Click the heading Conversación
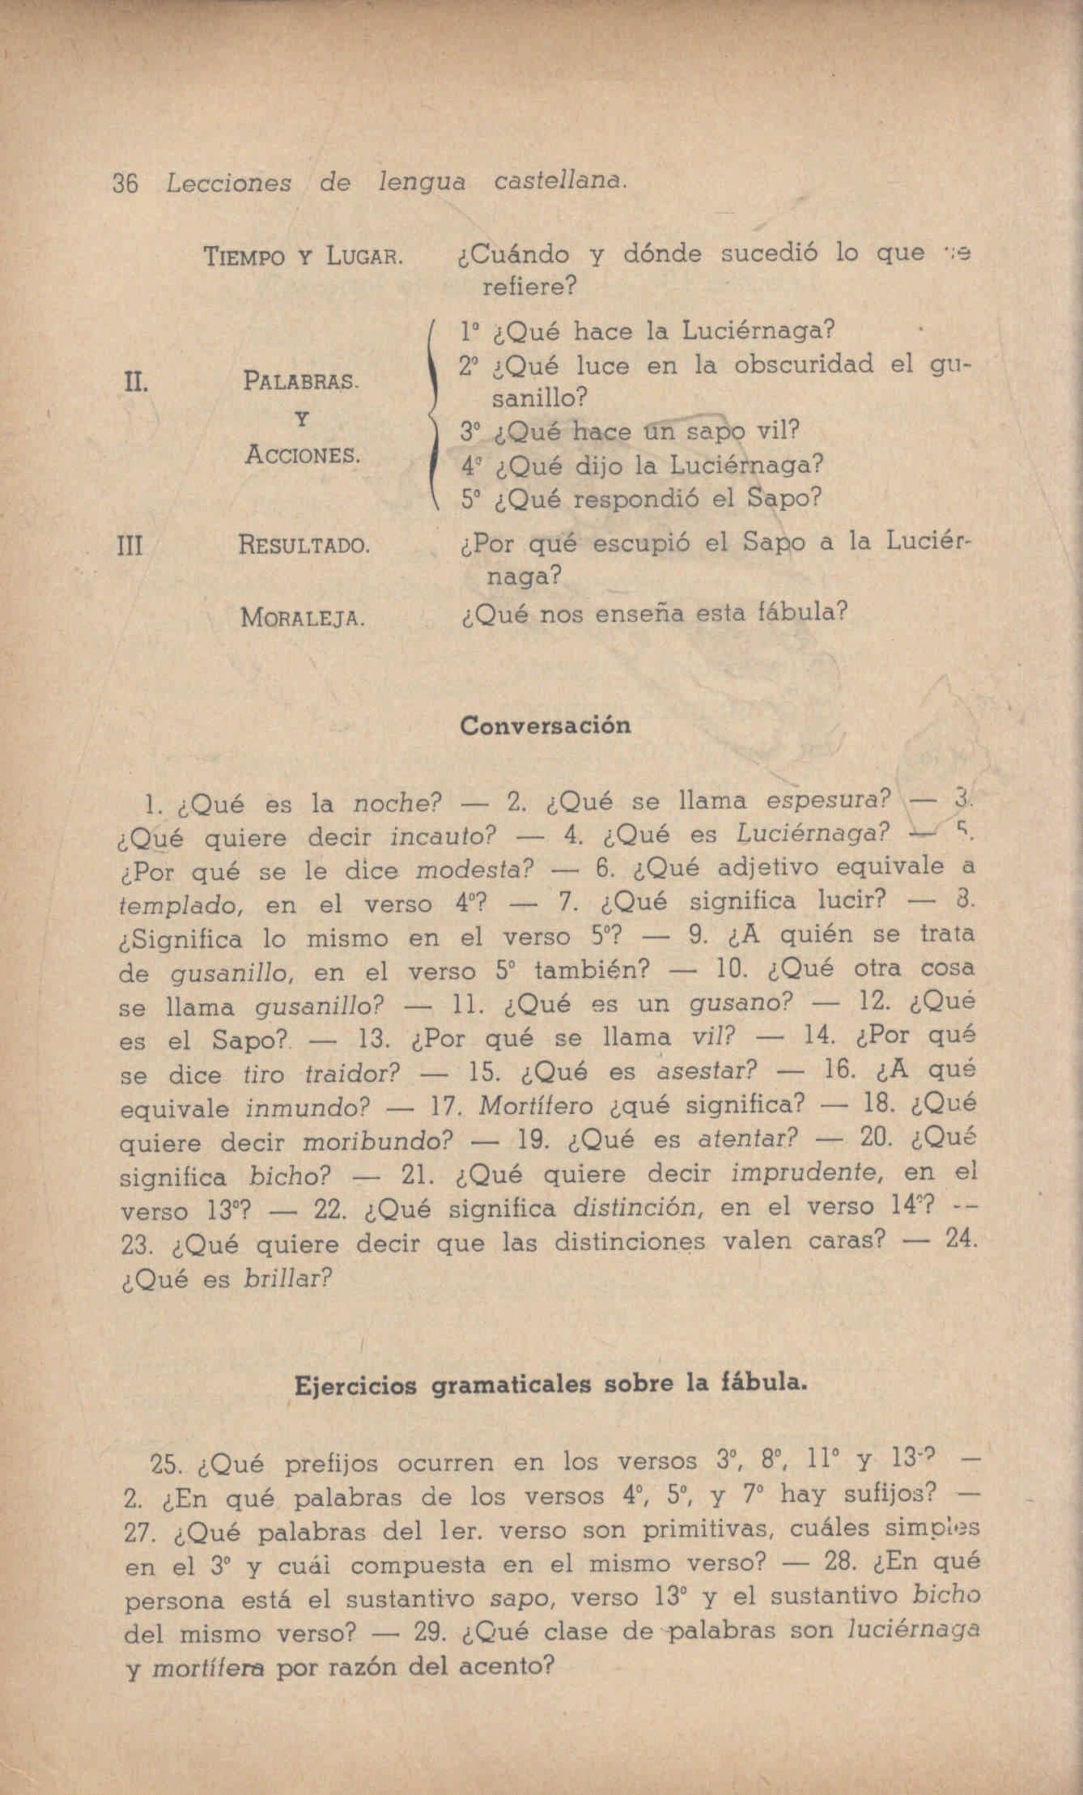pos(545,725)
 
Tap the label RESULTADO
pos(305,546)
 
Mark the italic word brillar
pos(287,1279)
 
